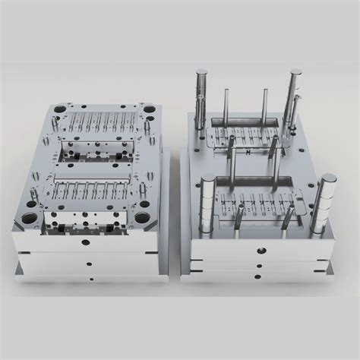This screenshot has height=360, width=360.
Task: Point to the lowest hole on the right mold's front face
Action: click(261, 276)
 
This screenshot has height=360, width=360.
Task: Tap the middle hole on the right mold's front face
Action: click(260, 266)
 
